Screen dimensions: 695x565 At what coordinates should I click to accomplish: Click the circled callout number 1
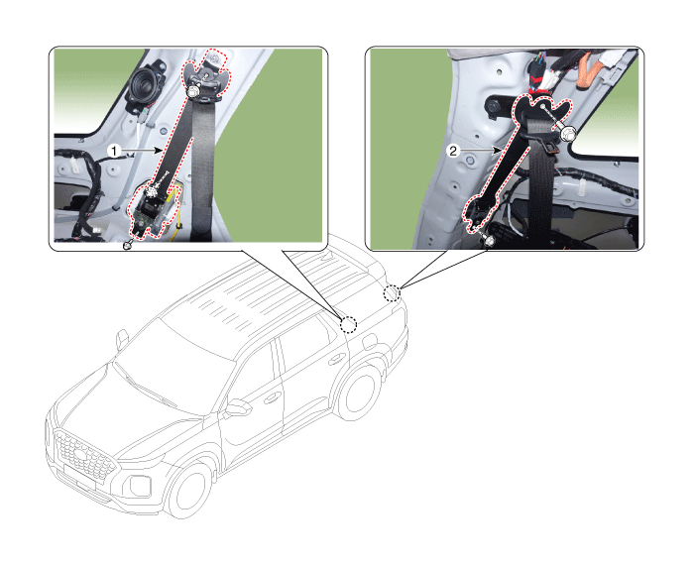click(x=114, y=151)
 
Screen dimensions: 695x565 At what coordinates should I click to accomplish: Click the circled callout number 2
click(x=453, y=151)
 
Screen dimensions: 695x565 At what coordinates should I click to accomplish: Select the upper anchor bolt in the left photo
click(x=193, y=92)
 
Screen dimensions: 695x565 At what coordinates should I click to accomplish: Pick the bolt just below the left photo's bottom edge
click(x=129, y=244)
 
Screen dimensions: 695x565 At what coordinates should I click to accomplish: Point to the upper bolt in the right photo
click(x=567, y=133)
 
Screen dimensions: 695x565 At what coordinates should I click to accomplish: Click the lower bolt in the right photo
click(x=489, y=241)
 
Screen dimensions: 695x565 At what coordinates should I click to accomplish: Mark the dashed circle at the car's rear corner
click(x=392, y=293)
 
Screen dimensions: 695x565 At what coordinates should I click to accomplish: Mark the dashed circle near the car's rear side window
click(x=348, y=324)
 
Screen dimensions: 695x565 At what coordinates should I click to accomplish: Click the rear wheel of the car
click(x=359, y=393)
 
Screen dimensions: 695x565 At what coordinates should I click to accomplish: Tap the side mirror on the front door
click(x=237, y=407)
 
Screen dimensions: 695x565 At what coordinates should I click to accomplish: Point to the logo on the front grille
click(x=81, y=455)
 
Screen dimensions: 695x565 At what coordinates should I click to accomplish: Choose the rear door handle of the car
click(x=336, y=359)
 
